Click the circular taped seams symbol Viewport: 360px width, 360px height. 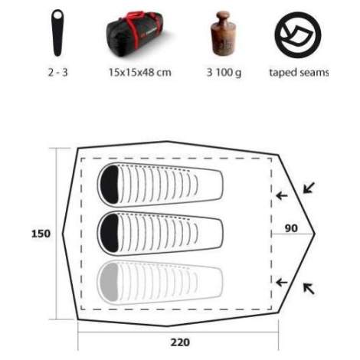point(298,34)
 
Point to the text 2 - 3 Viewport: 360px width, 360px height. point(58,73)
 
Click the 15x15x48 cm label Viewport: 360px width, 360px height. point(140,73)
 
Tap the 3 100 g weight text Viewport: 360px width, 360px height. point(224,73)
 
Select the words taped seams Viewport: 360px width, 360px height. point(299,73)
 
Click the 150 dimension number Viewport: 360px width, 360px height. point(41,234)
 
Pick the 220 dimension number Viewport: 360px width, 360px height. point(180,342)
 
